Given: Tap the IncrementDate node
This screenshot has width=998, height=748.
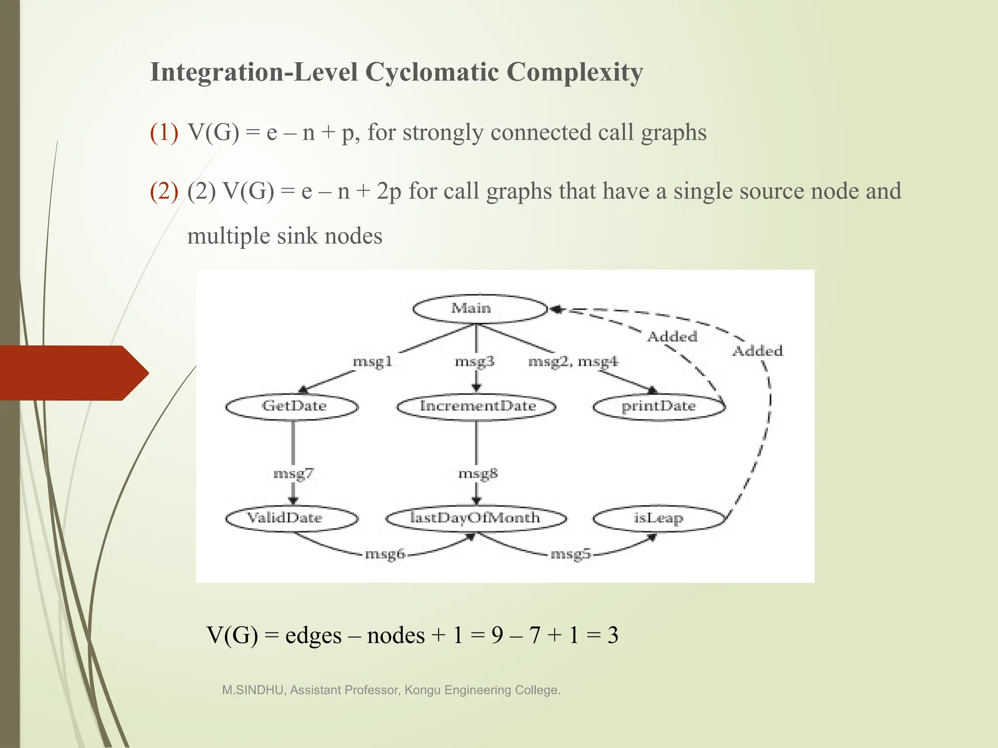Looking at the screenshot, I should tap(477, 407).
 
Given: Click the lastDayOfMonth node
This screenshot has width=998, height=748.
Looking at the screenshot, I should tap(476, 518).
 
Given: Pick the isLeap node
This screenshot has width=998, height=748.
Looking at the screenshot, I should tap(658, 518).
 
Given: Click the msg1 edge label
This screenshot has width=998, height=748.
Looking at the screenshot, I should tap(372, 362).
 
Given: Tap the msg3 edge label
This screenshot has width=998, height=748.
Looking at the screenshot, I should tap(474, 362).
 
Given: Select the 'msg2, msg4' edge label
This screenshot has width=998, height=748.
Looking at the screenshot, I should tap(573, 362).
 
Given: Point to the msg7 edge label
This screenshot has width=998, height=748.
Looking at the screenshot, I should tap(293, 473).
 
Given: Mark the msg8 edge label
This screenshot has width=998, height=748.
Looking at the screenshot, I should tap(478, 473).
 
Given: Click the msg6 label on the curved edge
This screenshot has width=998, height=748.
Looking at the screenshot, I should tap(385, 554).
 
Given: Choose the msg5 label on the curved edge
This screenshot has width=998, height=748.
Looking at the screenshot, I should tap(570, 554).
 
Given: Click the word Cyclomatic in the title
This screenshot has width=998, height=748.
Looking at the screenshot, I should tap(431, 72).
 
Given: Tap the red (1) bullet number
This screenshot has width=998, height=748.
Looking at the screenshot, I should tap(164, 132).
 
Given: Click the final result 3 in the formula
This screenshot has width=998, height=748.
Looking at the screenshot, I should tap(613, 636).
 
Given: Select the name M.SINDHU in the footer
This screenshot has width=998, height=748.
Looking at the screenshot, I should tap(253, 690).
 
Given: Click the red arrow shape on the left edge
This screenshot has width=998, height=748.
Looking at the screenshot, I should tap(73, 373).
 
